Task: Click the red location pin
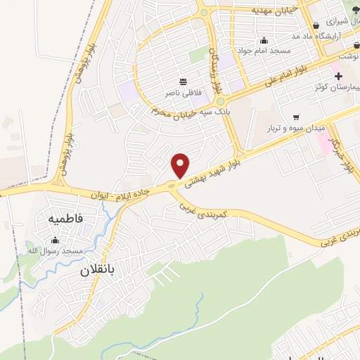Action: point(181,165)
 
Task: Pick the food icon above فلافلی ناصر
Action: point(183,82)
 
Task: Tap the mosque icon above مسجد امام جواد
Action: point(264,40)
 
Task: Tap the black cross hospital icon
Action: point(338,75)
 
